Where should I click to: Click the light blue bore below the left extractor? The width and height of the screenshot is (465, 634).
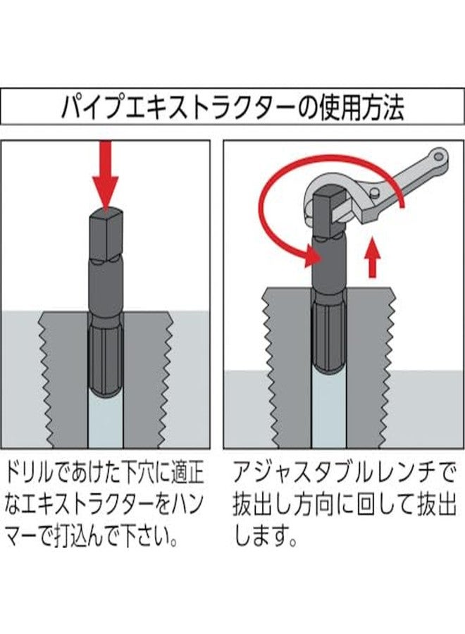(x=105, y=423)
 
